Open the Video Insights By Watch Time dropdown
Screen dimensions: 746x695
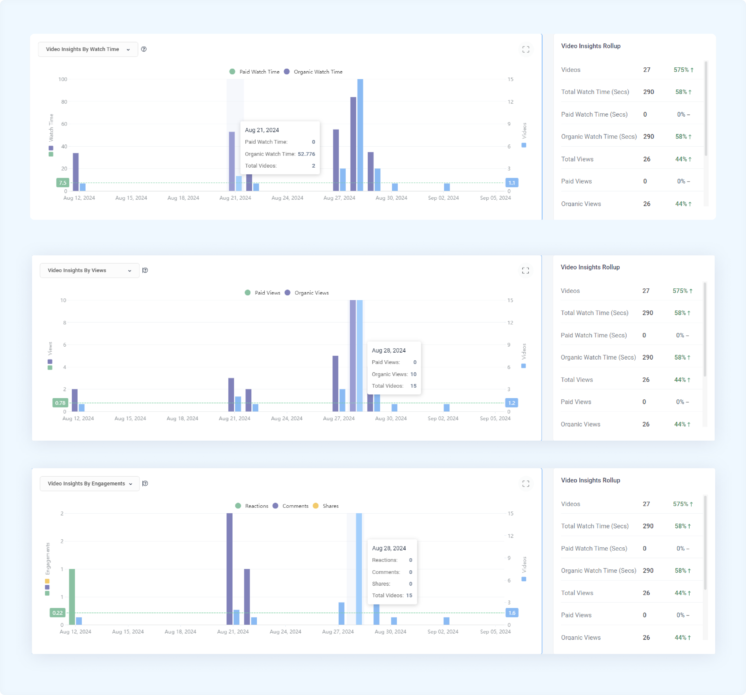pyautogui.click(x=88, y=49)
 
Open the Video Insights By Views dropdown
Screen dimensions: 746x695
pyautogui.click(x=89, y=270)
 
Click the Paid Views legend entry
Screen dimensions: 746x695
pyautogui.click(x=262, y=293)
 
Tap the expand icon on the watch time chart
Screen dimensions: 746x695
pyautogui.click(x=526, y=49)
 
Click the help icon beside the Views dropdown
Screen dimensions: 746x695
pyautogui.click(x=145, y=270)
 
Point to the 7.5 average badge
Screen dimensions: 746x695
pyautogui.click(x=62, y=183)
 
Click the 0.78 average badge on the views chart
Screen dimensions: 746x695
pyautogui.click(x=60, y=403)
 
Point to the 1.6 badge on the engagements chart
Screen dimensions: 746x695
pyautogui.click(x=512, y=613)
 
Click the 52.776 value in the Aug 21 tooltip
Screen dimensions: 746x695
pyautogui.click(x=306, y=154)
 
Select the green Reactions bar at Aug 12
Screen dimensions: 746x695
pyautogui.click(x=72, y=597)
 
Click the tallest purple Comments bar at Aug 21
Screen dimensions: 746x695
pyautogui.click(x=229, y=569)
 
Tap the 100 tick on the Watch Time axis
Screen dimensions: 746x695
pyautogui.click(x=63, y=79)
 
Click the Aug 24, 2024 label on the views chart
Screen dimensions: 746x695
pyautogui.click(x=287, y=418)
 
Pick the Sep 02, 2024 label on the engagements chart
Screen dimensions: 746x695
pyautogui.click(x=443, y=632)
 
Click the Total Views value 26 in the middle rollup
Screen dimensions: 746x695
pyautogui.click(x=646, y=380)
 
